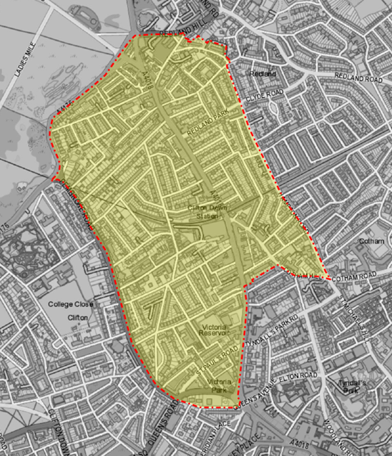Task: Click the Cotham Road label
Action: pos(358,276)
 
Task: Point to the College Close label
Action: pos(70,304)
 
